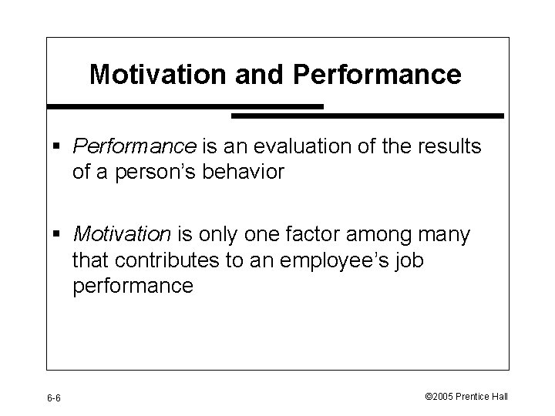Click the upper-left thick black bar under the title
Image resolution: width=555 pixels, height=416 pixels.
click(x=185, y=106)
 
